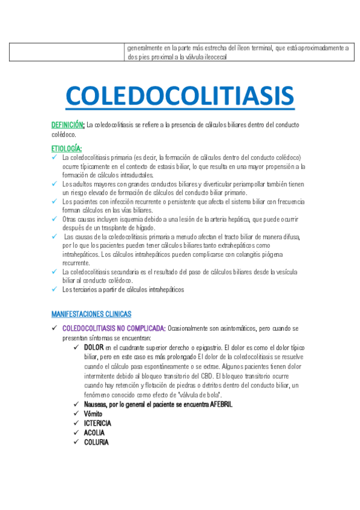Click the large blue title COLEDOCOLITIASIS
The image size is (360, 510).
(x=179, y=96)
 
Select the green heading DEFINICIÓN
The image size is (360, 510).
(x=67, y=125)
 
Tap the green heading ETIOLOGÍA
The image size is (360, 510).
(x=67, y=148)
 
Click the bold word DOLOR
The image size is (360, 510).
(x=94, y=348)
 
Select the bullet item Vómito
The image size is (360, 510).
(x=93, y=414)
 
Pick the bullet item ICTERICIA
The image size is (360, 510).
(x=97, y=423)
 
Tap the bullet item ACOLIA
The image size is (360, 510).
(x=94, y=432)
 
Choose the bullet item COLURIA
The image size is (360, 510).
(x=96, y=442)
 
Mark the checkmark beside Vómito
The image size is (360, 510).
(x=76, y=414)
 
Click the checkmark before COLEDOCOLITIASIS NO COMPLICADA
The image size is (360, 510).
(x=54, y=329)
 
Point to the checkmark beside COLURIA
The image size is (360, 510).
(x=76, y=442)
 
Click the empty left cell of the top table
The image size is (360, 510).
(x=67, y=52)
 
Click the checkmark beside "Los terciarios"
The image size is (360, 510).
(x=54, y=289)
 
